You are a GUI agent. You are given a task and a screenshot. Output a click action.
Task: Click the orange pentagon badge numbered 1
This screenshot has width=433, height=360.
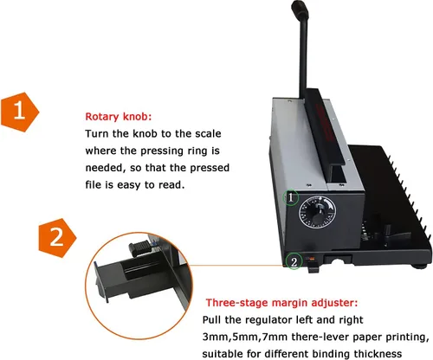tap(20, 112)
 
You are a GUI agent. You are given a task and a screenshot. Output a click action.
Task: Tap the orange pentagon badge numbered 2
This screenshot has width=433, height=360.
tap(57, 238)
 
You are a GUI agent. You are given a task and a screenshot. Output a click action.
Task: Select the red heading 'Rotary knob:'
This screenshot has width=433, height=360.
tap(119, 117)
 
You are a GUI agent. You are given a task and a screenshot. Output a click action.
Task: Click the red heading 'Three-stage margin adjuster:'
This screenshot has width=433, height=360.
tap(281, 303)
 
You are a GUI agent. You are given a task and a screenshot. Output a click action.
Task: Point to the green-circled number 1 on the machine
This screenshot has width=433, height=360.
tap(291, 197)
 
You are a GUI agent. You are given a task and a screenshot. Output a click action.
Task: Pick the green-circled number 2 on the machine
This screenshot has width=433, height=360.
tap(294, 262)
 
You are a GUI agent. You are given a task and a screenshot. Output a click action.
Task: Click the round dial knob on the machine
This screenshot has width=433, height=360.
tap(317, 212)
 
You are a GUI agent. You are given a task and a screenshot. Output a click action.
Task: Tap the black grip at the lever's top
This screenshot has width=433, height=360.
tap(300, 10)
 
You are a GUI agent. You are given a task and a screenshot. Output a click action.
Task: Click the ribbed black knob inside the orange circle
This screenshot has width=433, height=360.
tap(140, 248)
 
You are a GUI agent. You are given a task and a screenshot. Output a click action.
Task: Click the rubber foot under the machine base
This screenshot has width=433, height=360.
tap(421, 266)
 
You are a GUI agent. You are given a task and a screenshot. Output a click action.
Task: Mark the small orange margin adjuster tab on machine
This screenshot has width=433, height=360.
tap(311, 259)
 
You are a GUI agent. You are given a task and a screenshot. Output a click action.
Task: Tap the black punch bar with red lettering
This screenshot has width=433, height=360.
tap(325, 128)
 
